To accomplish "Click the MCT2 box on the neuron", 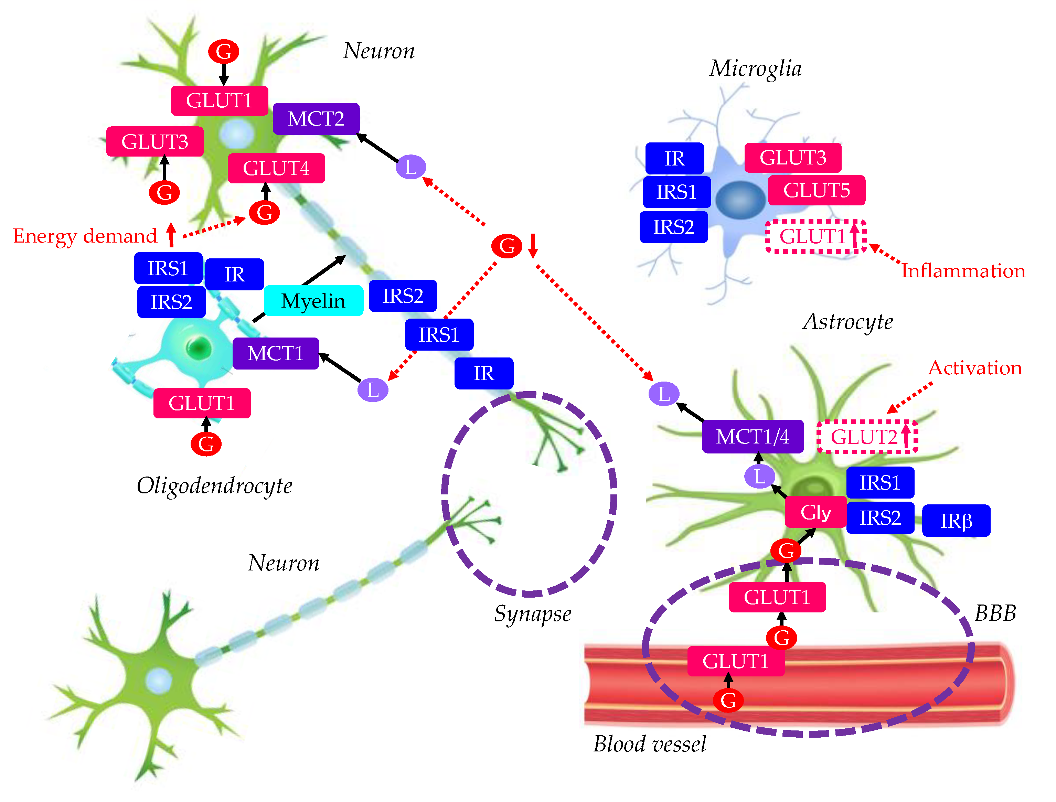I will (316, 118).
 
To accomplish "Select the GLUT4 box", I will (276, 168).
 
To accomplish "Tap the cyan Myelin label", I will (313, 301).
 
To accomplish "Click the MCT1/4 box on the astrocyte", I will (753, 436).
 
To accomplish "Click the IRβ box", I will (956, 520).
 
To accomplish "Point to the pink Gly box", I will (815, 512).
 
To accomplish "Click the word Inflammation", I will (963, 271).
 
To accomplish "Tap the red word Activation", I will (975, 367).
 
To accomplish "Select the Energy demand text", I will (85, 236).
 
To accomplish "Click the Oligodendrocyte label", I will (214, 486).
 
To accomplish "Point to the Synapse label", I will (532, 614).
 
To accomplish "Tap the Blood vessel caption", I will (649, 744).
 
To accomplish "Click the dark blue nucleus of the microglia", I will (740, 200).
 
